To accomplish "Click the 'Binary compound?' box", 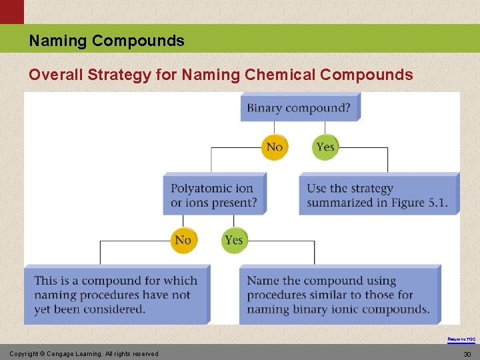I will coord(299,107).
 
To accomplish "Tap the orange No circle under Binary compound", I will coord(275,147).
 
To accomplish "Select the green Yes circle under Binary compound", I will coord(325,147).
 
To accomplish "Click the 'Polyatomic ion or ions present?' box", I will coord(213,195).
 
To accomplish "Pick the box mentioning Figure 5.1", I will coord(377,195).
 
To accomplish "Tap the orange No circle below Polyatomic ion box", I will coord(183,240).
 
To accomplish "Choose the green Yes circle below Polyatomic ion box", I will coord(234,240).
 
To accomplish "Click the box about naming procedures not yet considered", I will coord(116,295).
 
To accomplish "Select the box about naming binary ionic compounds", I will coord(339,295).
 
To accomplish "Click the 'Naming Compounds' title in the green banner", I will coord(107,41).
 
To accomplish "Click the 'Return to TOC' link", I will coord(461,339).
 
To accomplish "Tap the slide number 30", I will coord(467,354).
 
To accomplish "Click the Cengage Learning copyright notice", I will coord(84,353).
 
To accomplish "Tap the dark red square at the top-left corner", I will coord(11,11).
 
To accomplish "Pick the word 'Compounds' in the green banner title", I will coord(138,41).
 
